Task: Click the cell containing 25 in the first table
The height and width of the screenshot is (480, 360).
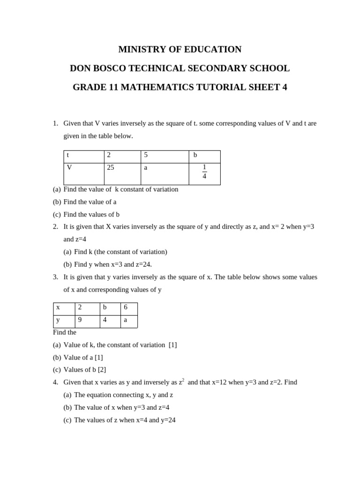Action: coord(122,173)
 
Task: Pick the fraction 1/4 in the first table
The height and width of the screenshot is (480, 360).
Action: coord(204,172)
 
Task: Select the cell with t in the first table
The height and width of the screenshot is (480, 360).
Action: coord(83,157)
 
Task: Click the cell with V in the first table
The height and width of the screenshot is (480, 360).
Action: coord(83,173)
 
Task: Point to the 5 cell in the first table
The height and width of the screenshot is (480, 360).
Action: coord(165,157)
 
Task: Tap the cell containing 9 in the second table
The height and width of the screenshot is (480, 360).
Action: coord(87,321)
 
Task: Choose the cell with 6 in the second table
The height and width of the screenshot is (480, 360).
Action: coord(128,308)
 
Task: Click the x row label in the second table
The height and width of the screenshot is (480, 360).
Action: coord(64,308)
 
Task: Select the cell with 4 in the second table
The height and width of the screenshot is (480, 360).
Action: coord(110,321)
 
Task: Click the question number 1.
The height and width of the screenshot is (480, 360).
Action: coord(55,123)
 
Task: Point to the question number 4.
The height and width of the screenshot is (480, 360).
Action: coord(55,382)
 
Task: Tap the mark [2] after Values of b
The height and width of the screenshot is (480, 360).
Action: coord(102,370)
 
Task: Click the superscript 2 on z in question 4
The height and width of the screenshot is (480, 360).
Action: coord(183,380)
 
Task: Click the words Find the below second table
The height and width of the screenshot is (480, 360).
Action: coord(65,332)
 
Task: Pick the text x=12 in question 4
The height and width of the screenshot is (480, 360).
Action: coord(219,382)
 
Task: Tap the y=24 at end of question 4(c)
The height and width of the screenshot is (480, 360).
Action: coord(168,420)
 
